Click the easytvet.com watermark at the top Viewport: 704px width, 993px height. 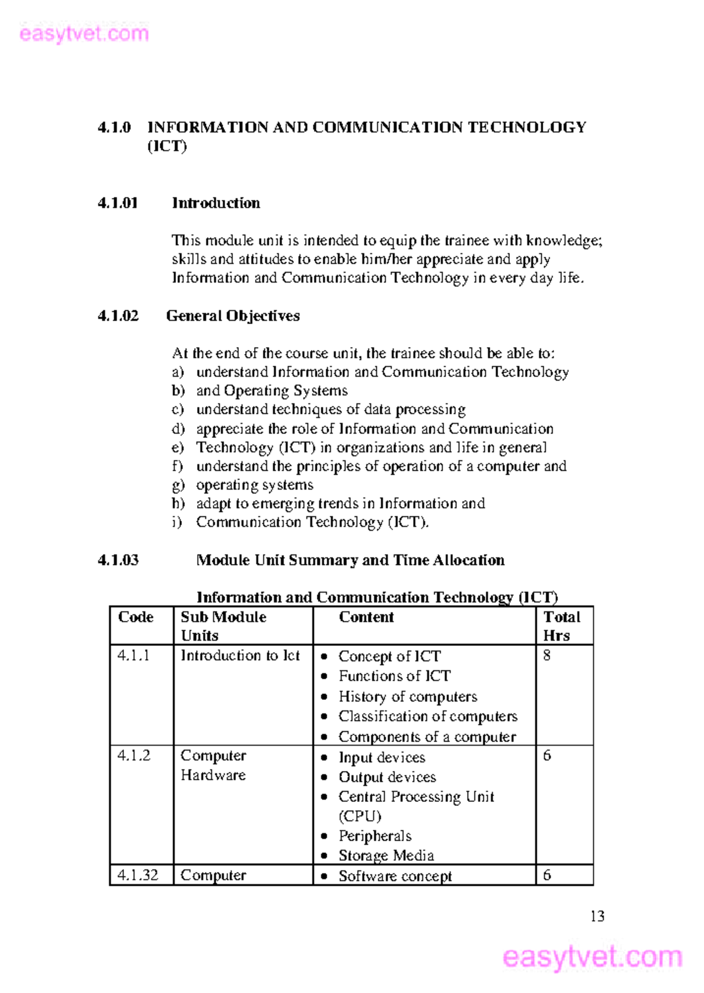pos(83,33)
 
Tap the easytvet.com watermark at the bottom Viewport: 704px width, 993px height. pos(592,957)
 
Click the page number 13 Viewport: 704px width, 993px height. pos(597,916)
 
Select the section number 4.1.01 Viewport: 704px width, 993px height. pos(118,203)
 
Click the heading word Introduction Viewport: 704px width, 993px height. pos(216,203)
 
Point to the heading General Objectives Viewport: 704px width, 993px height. pos(233,315)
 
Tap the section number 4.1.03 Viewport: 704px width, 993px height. pos(118,560)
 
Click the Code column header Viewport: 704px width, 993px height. pos(136,617)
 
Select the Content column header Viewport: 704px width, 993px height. pos(366,617)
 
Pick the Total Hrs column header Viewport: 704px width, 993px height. pos(561,625)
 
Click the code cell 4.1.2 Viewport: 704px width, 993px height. pos(134,756)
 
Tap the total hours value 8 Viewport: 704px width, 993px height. pos(547,655)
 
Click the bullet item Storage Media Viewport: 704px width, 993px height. pos(386,856)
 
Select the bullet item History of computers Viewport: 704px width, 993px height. pos(408,696)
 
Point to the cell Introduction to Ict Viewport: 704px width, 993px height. pos(240,655)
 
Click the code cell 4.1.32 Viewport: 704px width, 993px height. pos(138,875)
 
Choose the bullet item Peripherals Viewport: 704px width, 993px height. pos(375,836)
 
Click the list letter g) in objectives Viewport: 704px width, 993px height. pos(178,485)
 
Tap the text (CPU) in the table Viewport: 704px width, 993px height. pos(360,816)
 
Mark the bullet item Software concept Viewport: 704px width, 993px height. pos(395,876)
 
